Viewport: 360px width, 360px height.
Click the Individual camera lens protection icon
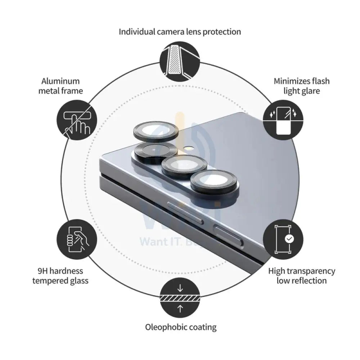point(180,61)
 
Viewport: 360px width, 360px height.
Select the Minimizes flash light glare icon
point(283,120)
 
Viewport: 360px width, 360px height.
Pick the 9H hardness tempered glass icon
point(77,239)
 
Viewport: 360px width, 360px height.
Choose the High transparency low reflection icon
point(283,239)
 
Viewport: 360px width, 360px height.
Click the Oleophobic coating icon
point(180,298)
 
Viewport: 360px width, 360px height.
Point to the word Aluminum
point(60,81)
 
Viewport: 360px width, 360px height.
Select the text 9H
point(43,271)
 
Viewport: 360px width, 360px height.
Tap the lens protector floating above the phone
point(156,131)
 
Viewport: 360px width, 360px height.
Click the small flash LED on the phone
point(190,148)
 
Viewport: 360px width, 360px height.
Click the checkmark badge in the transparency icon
point(289,239)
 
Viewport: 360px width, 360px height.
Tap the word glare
point(311,91)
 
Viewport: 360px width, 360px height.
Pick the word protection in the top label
point(222,32)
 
